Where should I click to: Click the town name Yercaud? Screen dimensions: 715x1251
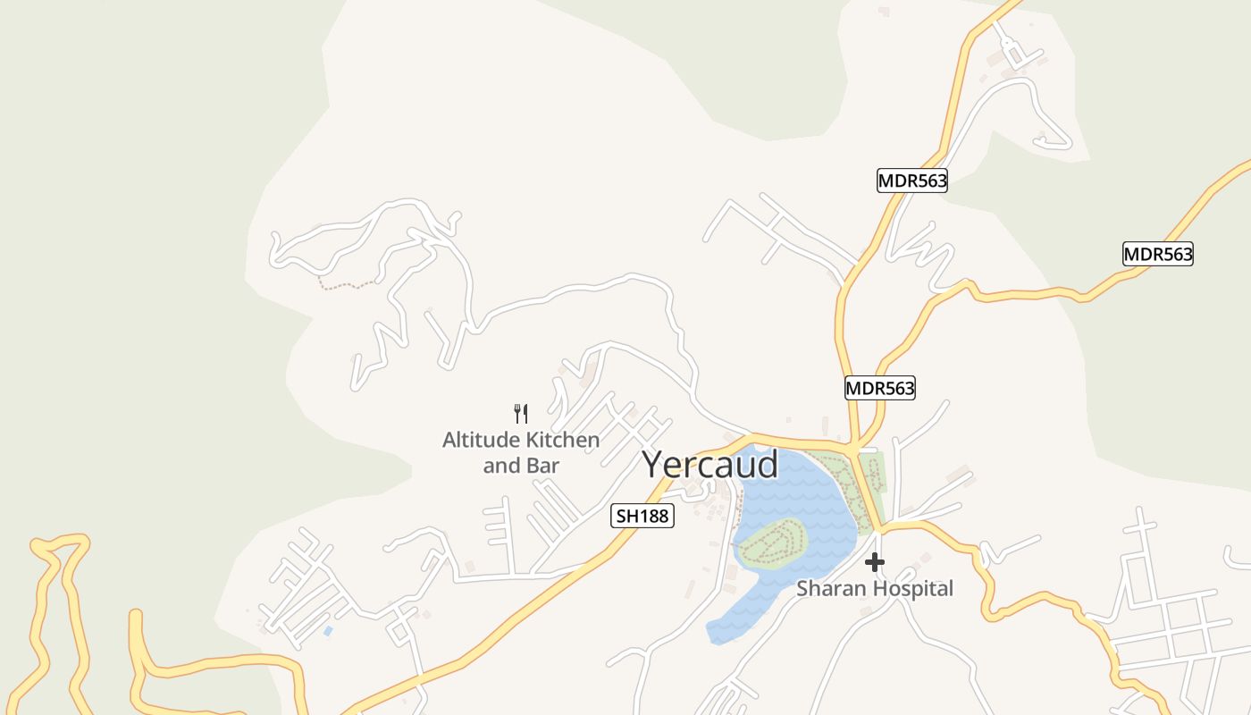pyautogui.click(x=710, y=465)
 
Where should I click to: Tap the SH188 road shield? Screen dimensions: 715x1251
pyautogui.click(x=642, y=516)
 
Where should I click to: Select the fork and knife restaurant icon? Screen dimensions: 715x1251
pyautogui.click(x=521, y=413)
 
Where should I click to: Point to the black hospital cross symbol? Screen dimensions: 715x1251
pyautogui.click(x=875, y=562)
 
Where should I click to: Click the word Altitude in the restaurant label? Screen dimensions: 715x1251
pyautogui.click(x=480, y=440)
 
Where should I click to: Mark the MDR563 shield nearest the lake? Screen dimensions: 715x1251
pyautogui.click(x=880, y=388)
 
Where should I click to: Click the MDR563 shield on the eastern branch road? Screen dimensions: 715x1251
pyautogui.click(x=1157, y=254)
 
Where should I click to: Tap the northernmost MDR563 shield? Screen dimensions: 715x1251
pyautogui.click(x=911, y=181)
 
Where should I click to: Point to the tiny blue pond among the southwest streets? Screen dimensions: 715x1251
pyautogui.click(x=328, y=631)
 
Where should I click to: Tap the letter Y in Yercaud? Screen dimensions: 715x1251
pyautogui.click(x=654, y=465)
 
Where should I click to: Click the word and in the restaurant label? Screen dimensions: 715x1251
pyautogui.click(x=500, y=466)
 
